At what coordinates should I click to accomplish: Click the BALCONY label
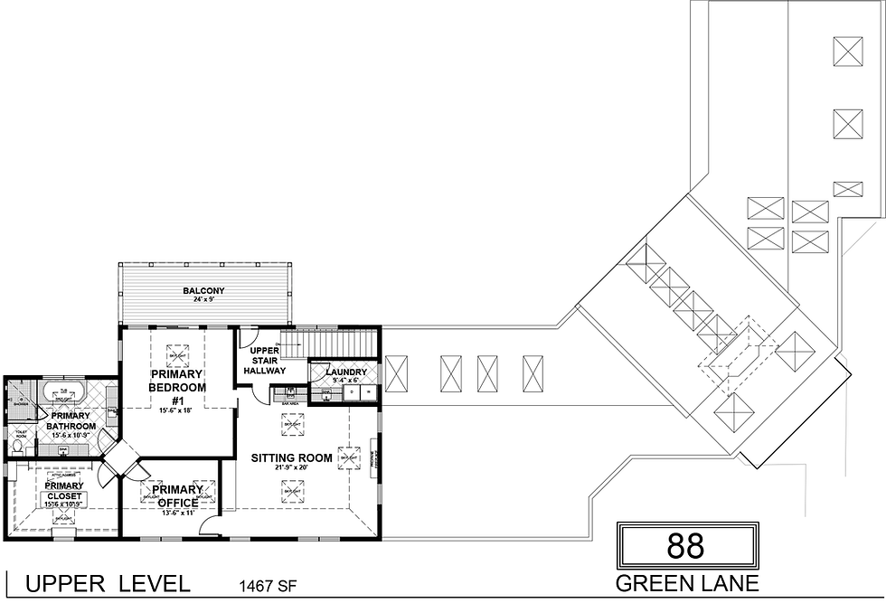pyautogui.click(x=203, y=291)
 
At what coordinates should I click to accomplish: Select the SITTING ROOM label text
pyautogui.click(x=291, y=458)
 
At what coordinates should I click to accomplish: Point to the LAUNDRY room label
pyautogui.click(x=346, y=372)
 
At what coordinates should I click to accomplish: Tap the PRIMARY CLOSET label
pyautogui.click(x=64, y=491)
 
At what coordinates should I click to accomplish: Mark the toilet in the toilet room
pyautogui.click(x=18, y=446)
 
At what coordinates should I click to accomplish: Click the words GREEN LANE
pyautogui.click(x=687, y=583)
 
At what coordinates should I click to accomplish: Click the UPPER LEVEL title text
pyautogui.click(x=108, y=584)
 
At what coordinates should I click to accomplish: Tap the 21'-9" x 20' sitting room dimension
pyautogui.click(x=291, y=468)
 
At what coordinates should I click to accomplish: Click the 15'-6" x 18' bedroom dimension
pyautogui.click(x=176, y=410)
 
